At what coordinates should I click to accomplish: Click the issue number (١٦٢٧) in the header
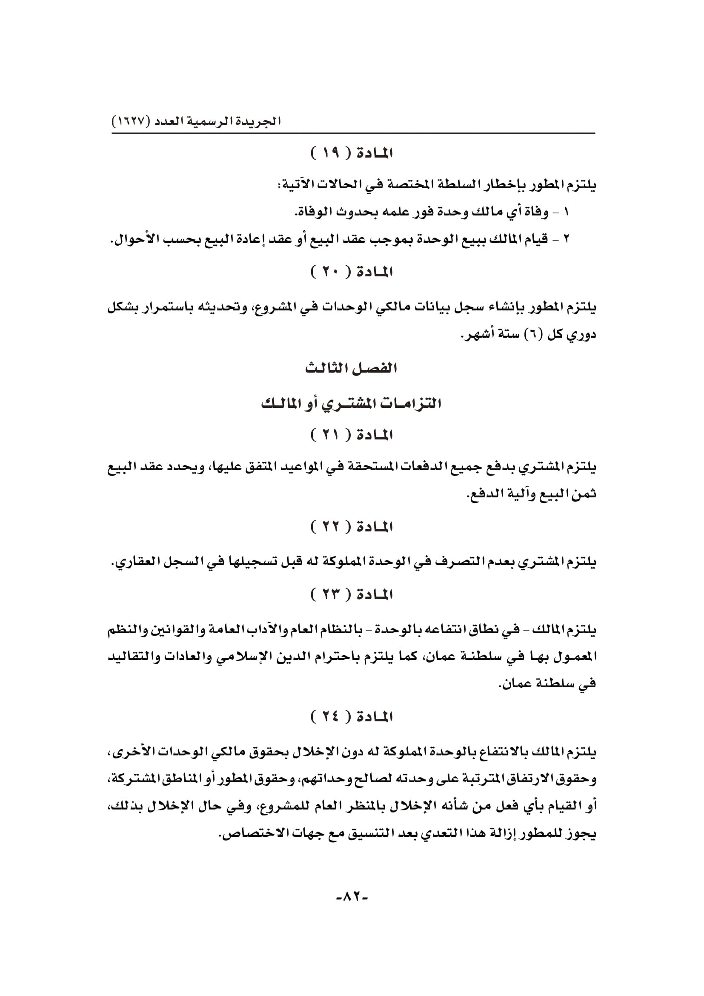131,121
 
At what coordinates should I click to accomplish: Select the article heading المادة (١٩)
352,153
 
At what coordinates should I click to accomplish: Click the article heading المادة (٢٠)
352,272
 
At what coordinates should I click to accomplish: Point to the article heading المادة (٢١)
352,435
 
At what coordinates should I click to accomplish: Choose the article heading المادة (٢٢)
352,527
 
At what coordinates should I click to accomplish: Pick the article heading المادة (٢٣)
352,594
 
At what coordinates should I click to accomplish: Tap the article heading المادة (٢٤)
352,717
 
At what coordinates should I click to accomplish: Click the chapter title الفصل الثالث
351,368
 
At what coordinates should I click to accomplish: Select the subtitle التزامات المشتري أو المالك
351,404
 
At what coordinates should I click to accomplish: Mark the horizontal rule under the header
353,133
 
